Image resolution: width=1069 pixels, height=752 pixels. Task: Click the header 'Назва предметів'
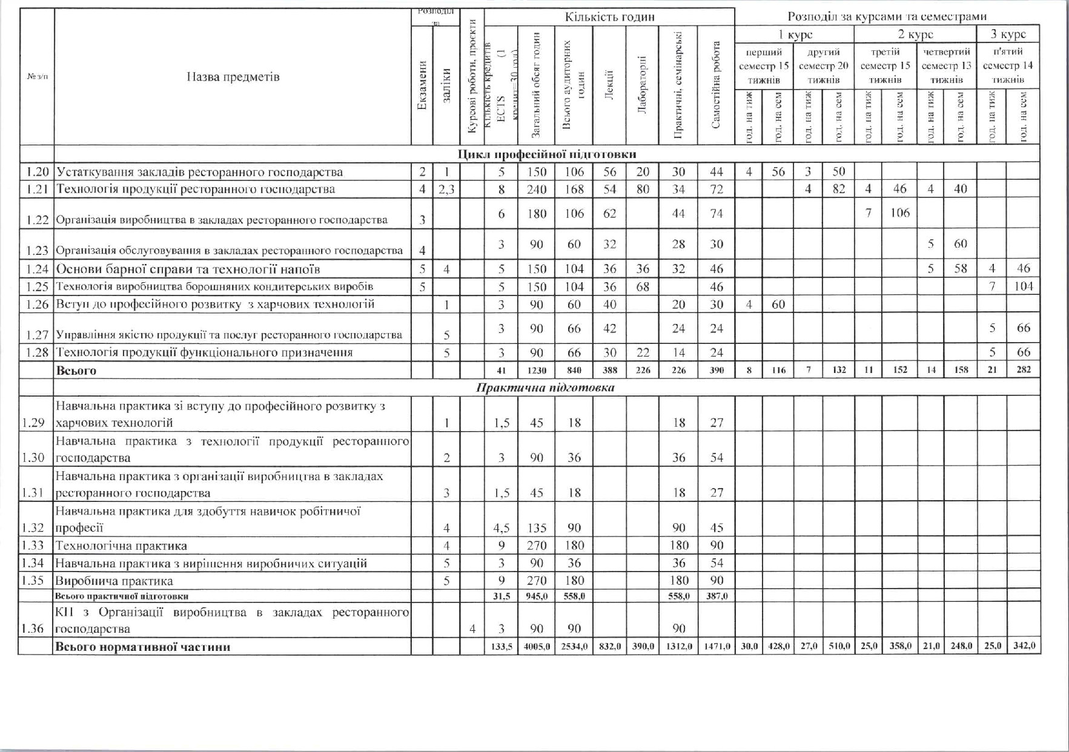click(x=233, y=77)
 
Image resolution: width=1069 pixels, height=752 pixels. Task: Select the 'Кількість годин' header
click(x=609, y=17)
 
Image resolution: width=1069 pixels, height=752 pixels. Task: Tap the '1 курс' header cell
click(x=795, y=35)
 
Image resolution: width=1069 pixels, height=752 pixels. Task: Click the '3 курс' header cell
click(x=1007, y=35)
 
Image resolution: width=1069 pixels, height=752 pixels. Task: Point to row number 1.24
click(x=37, y=269)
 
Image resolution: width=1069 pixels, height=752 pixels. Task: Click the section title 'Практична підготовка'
click(x=545, y=388)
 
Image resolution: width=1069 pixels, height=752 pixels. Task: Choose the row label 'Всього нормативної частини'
click(x=143, y=647)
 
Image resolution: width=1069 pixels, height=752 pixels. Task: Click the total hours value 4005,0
click(x=537, y=647)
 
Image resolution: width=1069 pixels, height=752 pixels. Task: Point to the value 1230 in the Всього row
click(x=537, y=370)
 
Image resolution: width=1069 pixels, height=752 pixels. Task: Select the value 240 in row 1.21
click(x=537, y=189)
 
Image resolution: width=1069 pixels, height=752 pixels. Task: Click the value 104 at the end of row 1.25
click(x=1023, y=286)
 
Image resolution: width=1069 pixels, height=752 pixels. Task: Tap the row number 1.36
click(x=33, y=628)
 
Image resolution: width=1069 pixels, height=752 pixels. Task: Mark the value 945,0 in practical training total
click(x=537, y=596)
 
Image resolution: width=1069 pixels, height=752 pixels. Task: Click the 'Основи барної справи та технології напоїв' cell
click(x=188, y=269)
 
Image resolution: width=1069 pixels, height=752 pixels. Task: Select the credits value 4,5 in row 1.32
click(x=501, y=528)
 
